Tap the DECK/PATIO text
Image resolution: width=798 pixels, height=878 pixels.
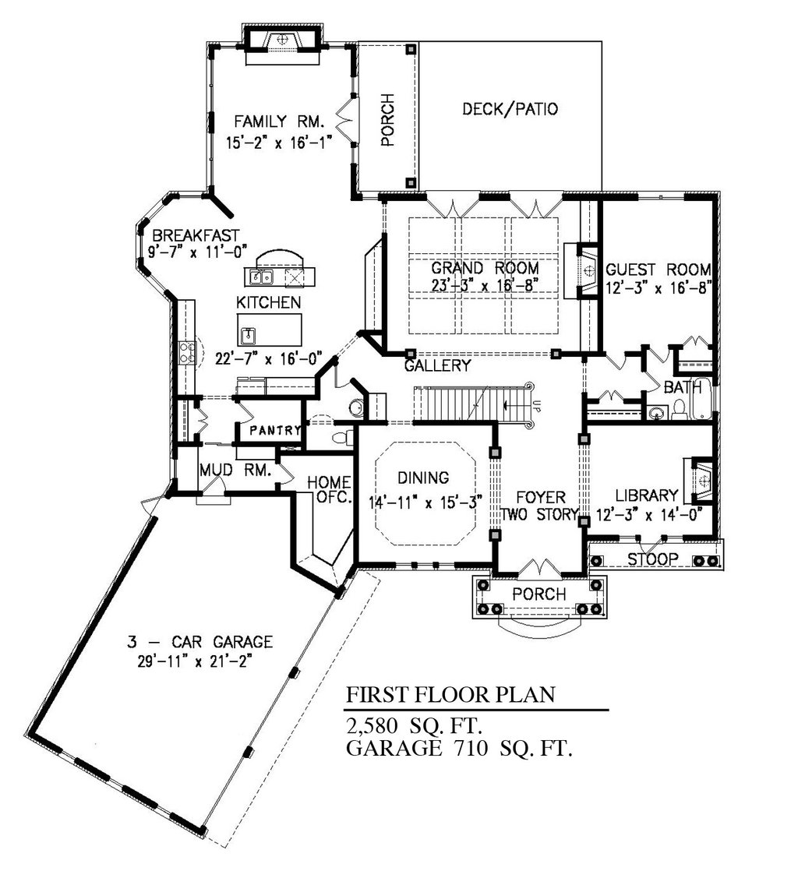[x=510, y=108]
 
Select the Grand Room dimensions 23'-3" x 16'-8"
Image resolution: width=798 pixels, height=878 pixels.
[x=485, y=286]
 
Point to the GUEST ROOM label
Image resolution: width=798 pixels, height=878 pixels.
[x=659, y=270]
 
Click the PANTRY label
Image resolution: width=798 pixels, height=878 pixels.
[x=275, y=430]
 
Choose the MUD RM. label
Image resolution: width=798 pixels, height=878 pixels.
[x=235, y=470]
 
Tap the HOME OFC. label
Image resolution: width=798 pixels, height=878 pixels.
[x=330, y=488]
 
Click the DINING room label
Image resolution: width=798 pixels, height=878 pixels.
[x=423, y=478]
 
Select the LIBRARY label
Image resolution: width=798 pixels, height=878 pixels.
[x=647, y=495]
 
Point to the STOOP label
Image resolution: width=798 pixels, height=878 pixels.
[x=652, y=559]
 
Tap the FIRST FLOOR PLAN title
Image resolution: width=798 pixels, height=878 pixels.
[x=450, y=695]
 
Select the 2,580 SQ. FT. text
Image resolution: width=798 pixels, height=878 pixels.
[x=415, y=726]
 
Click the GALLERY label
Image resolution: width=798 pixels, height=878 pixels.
[x=437, y=366]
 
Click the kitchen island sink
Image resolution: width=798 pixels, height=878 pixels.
[x=248, y=336]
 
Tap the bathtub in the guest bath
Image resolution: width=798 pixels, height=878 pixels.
[x=701, y=399]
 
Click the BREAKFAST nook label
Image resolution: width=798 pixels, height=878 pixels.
[x=196, y=235]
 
